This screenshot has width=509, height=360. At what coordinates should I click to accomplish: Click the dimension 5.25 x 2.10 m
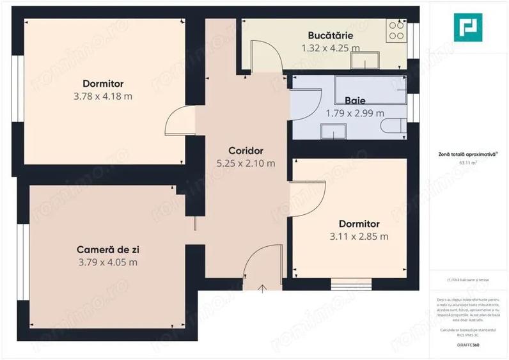pos(246,163)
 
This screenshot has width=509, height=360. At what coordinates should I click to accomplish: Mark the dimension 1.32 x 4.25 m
pos(330,47)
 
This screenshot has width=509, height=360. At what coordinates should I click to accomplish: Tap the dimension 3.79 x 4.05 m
pos(107,262)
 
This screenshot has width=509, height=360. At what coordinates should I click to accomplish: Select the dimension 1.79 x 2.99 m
pos(355,113)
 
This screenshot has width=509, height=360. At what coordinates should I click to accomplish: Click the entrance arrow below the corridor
pos(263,289)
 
